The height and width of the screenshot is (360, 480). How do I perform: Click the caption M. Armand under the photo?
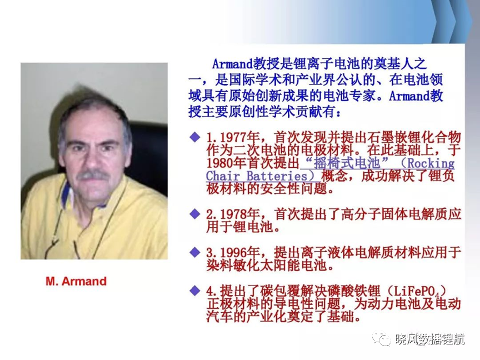(76, 281)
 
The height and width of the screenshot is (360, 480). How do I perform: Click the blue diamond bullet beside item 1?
(195, 137)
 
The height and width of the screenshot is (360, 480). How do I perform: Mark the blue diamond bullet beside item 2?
(195, 214)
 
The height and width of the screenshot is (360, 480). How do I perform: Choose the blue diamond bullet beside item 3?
(195, 252)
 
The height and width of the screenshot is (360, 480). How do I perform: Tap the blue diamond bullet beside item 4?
(195, 291)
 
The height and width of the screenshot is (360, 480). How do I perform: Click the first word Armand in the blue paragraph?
(233, 64)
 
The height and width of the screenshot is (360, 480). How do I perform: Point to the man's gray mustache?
(92, 176)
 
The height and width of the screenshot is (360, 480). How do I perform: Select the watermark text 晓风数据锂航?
(430, 339)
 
